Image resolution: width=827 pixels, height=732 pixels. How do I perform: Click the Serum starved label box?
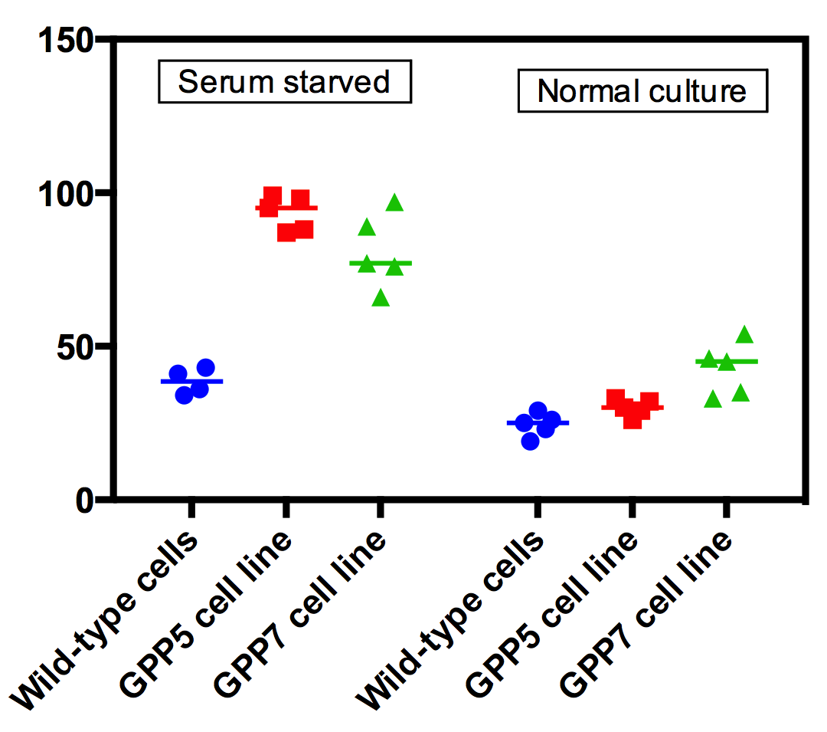click(x=284, y=82)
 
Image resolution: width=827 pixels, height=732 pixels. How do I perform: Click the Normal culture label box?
click(x=642, y=92)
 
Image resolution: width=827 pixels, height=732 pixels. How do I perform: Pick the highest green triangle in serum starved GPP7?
click(x=394, y=202)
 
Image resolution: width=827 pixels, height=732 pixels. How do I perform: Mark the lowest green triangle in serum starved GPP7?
click(x=381, y=298)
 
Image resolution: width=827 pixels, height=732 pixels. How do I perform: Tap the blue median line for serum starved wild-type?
click(x=191, y=381)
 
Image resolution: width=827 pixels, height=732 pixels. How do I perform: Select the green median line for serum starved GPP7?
click(x=381, y=263)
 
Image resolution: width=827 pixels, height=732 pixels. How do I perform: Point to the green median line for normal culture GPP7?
click(x=726, y=361)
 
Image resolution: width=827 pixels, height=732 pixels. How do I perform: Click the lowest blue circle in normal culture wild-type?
click(x=531, y=441)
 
